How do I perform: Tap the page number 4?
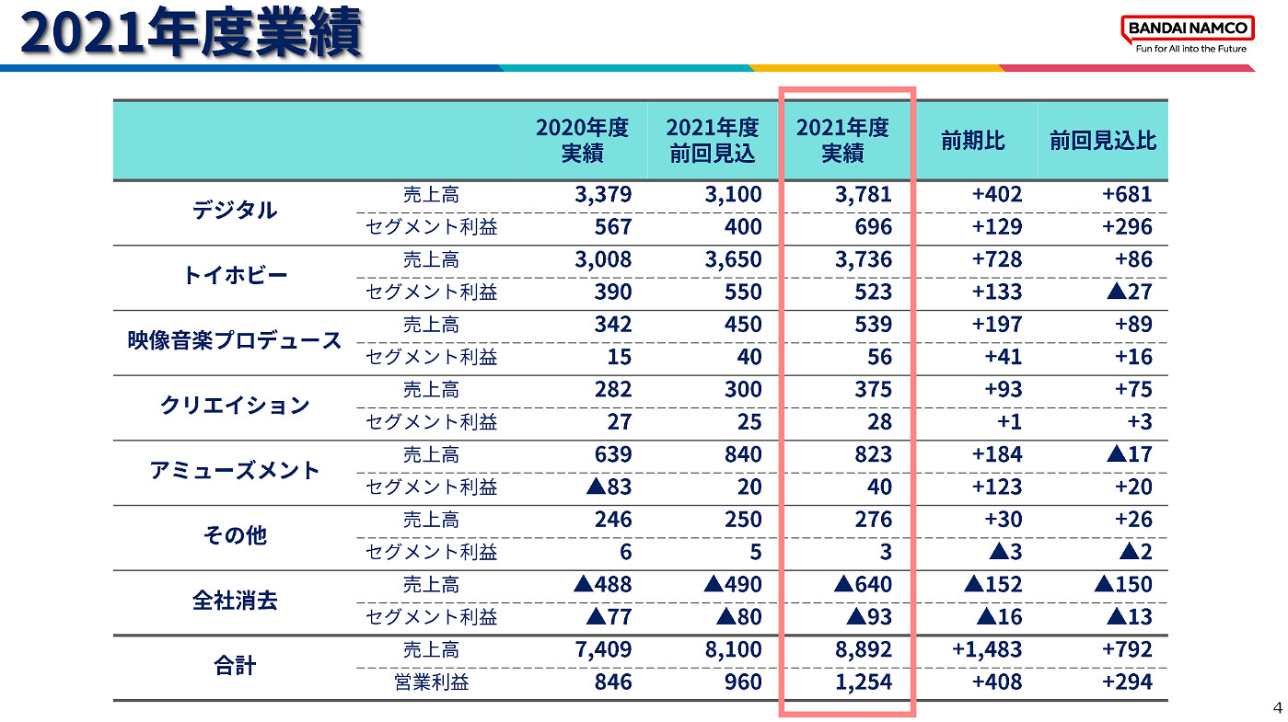point(1276,707)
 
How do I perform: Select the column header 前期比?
point(972,141)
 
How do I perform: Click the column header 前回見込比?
point(1102,141)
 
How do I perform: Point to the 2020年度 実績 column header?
point(582,141)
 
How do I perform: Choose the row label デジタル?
point(234,211)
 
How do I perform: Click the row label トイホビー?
point(234,276)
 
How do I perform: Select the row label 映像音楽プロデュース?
point(234,340)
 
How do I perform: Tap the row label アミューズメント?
point(234,471)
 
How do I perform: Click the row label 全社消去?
point(234,601)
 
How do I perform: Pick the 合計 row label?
point(234,666)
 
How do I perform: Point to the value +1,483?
point(987,649)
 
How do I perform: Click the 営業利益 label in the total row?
point(431,682)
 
